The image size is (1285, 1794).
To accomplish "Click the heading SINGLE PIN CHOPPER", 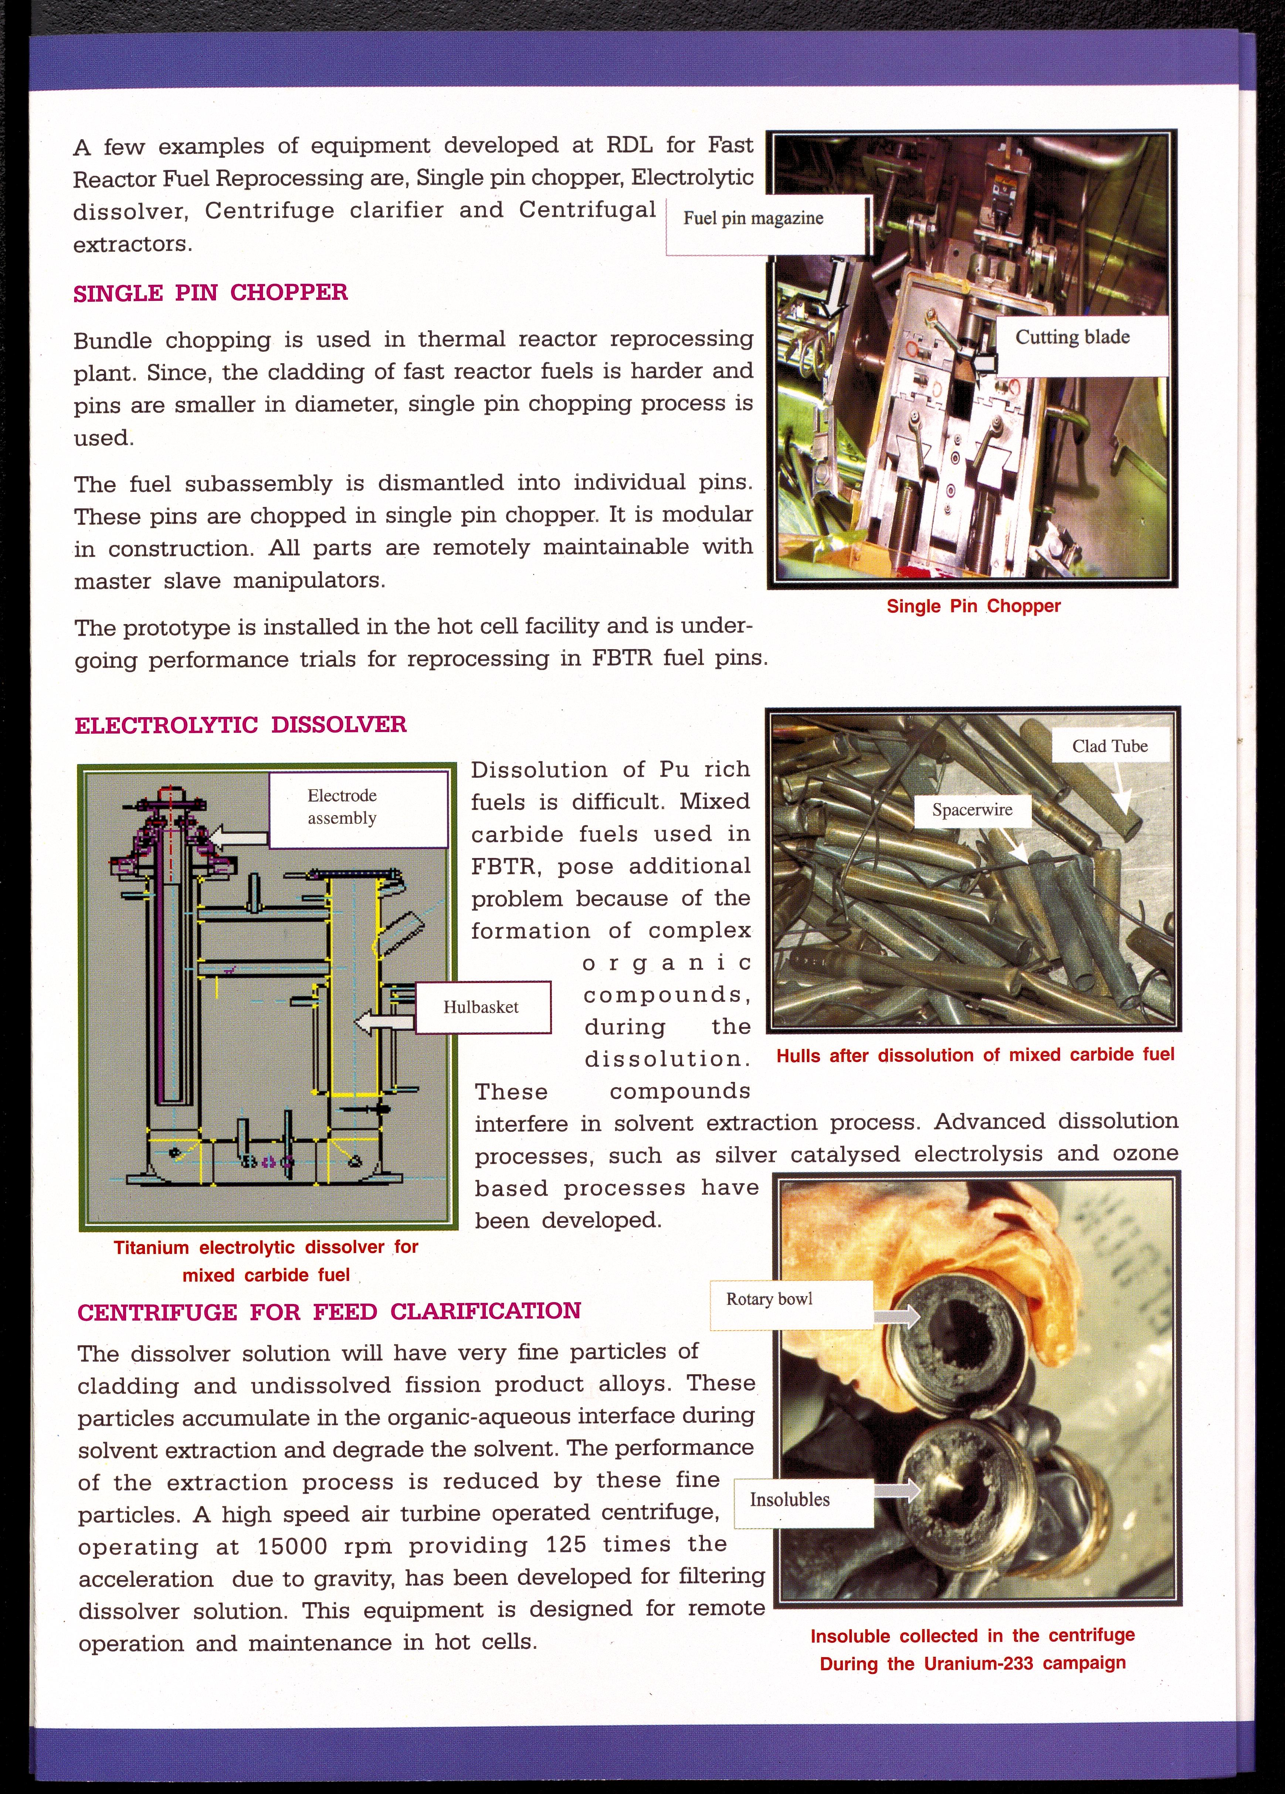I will click(210, 293).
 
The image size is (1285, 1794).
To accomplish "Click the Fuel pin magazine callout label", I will click(753, 219).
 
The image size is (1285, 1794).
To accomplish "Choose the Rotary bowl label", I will click(769, 1299).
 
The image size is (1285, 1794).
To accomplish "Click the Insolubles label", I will click(790, 1500).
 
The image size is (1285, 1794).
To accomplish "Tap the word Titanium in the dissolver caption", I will click(151, 1247).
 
